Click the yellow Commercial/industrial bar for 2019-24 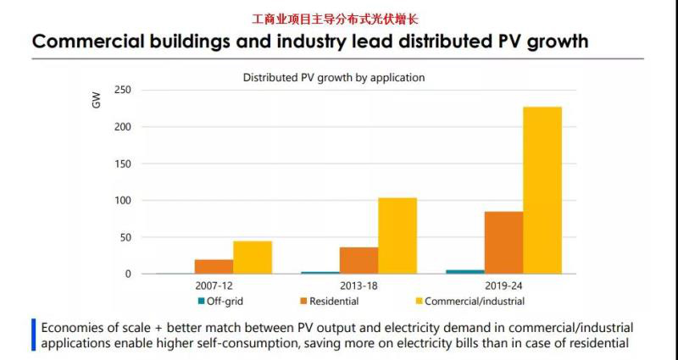tap(542, 190)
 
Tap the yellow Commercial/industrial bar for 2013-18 tap(397, 235)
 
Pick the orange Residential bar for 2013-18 tap(358, 260)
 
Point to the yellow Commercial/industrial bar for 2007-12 tap(253, 258)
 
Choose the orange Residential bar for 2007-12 tap(214, 267)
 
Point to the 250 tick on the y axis tap(122, 90)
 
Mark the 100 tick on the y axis tap(122, 201)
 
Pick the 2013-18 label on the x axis tap(358, 286)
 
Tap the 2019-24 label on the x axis tap(503, 286)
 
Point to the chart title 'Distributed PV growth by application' tap(334, 77)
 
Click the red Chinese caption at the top tap(336, 18)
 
